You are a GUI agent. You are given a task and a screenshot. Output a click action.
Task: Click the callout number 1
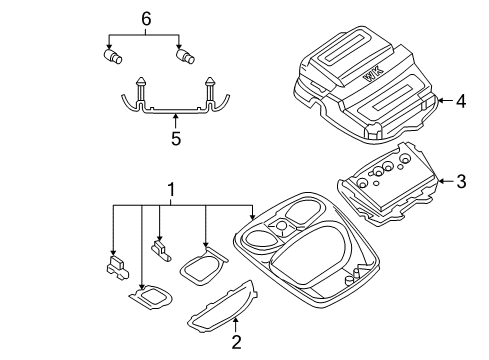click(x=171, y=188)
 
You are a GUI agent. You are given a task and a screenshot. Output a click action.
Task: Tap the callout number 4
click(x=462, y=100)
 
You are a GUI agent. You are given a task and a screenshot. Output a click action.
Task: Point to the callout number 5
click(x=176, y=138)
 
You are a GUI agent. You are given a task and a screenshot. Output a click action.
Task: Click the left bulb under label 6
click(x=112, y=57)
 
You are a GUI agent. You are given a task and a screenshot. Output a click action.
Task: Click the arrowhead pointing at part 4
click(x=437, y=100)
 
